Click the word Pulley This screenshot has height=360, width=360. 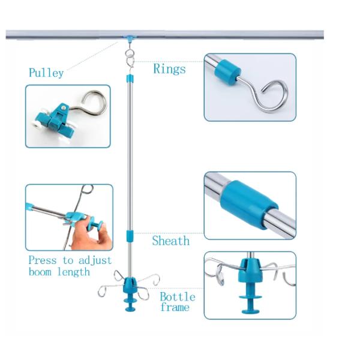tap(46, 73)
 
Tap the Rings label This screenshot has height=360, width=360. tap(169, 68)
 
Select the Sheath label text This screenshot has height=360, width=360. tap(170, 241)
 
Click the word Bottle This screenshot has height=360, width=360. tap(177, 297)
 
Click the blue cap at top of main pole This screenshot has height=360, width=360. tap(128, 79)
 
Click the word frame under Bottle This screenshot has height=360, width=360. tap(174, 308)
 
